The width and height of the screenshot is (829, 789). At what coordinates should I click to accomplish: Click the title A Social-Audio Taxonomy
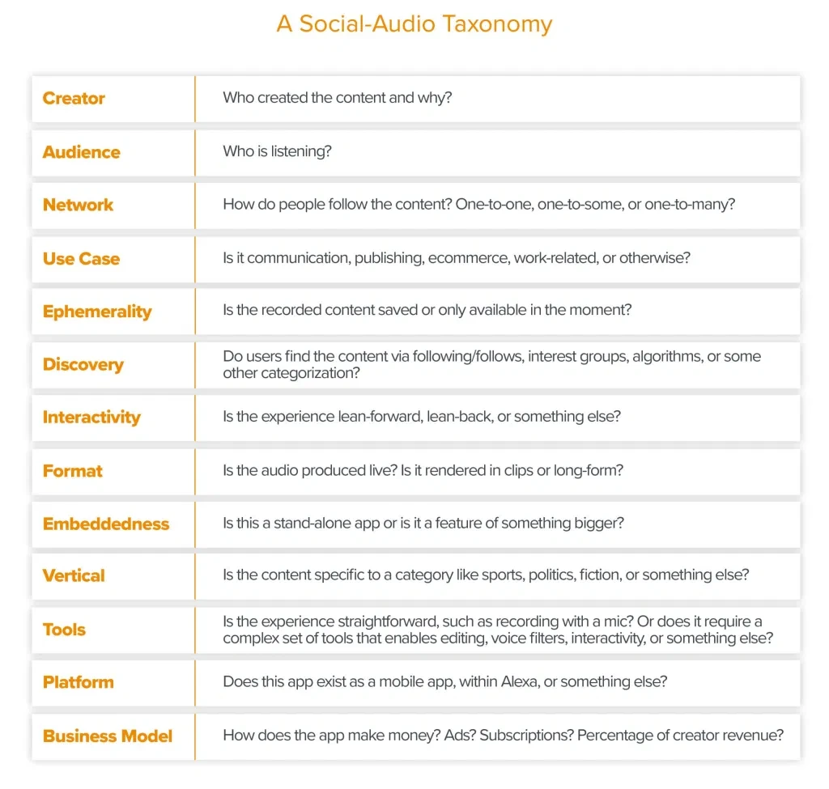pyautogui.click(x=414, y=23)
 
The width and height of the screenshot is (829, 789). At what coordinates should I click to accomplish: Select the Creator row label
pyautogui.click(x=74, y=99)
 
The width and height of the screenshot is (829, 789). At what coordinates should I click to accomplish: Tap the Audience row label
pyautogui.click(x=81, y=152)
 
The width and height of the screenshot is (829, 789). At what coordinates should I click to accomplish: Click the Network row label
pyautogui.click(x=78, y=205)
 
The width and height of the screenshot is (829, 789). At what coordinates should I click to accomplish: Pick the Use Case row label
pyautogui.click(x=81, y=259)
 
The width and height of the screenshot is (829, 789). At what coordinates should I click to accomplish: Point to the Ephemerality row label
pyautogui.click(x=97, y=312)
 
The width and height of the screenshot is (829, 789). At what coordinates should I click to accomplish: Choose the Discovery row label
pyautogui.click(x=83, y=364)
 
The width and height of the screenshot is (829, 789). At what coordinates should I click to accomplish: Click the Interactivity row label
pyautogui.click(x=91, y=418)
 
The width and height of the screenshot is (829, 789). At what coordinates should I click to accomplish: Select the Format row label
pyautogui.click(x=73, y=471)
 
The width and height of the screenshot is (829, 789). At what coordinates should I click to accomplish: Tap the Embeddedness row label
pyautogui.click(x=106, y=524)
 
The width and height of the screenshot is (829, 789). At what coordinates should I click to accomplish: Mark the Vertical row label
pyautogui.click(x=74, y=576)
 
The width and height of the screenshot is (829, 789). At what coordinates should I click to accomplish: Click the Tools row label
pyautogui.click(x=64, y=630)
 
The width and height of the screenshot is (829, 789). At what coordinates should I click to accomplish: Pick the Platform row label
pyautogui.click(x=79, y=682)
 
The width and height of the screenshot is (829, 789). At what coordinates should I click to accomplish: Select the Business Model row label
pyautogui.click(x=108, y=736)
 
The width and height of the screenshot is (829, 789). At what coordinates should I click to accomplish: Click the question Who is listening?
pyautogui.click(x=277, y=151)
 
